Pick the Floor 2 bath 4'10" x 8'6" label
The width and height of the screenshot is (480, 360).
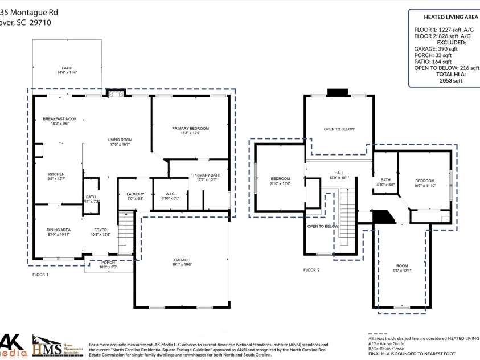pos(385,182)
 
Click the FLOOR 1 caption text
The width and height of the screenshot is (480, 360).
pos(40,275)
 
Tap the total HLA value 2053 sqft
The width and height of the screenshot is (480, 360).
pos(450,81)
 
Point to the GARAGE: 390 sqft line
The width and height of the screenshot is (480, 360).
pos(436,49)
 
